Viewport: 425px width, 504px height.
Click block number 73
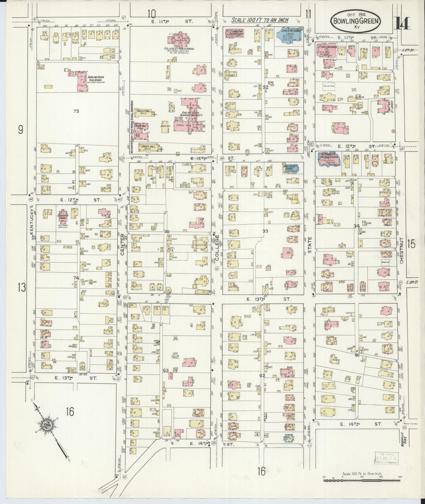point(76,111)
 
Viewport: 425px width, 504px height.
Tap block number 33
point(265,231)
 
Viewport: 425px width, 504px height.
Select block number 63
point(166,371)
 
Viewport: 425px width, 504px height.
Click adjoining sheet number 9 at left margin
point(20,130)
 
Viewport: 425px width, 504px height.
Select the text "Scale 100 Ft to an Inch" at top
point(259,20)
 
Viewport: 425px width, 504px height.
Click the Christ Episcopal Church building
point(291,169)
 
